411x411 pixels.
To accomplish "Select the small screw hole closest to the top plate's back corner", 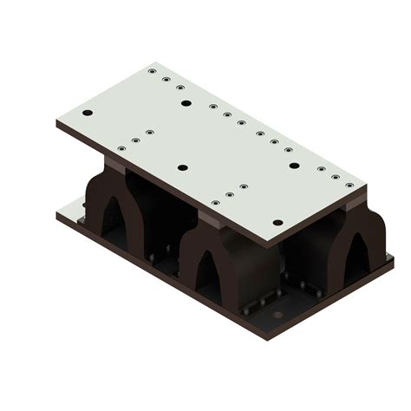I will click(x=152, y=71).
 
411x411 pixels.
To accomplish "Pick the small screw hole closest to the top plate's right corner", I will click(x=349, y=185).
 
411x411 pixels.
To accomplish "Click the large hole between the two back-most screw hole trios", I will click(x=186, y=103).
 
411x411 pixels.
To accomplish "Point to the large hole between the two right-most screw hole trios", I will click(x=294, y=166).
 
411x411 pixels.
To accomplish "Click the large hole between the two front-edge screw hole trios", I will click(x=182, y=167).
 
